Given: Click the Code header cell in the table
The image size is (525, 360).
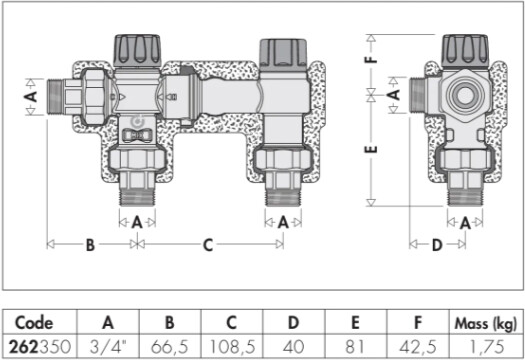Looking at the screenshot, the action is pyautogui.click(x=34, y=322).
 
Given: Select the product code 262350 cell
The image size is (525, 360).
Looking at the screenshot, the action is pyautogui.click(x=40, y=347).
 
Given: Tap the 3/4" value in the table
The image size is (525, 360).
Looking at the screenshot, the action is pyautogui.click(x=108, y=347).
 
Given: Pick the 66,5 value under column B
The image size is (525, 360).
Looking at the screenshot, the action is pyautogui.click(x=169, y=347).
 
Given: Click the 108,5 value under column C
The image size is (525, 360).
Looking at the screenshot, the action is pyautogui.click(x=232, y=347).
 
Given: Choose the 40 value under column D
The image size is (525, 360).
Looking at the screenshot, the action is pyautogui.click(x=293, y=347).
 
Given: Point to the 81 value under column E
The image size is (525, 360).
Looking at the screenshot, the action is pyautogui.click(x=355, y=347).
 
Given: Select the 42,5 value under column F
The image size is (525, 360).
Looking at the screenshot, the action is pyautogui.click(x=418, y=347).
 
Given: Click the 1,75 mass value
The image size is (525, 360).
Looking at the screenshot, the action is pyautogui.click(x=487, y=347).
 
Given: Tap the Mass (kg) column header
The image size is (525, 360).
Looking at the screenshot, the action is pyautogui.click(x=486, y=323).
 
